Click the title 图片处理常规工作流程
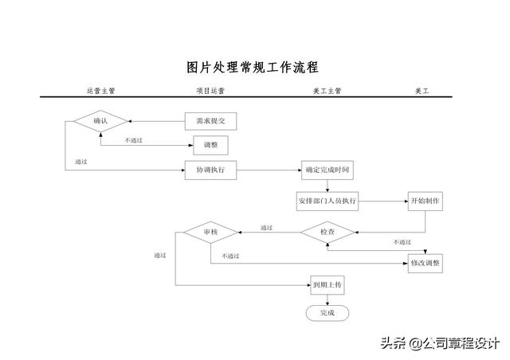tap(253, 68)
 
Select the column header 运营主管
tap(101, 91)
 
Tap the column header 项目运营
tap(210, 91)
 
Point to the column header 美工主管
tap(328, 91)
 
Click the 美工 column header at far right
tap(422, 91)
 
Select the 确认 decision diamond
tap(100, 121)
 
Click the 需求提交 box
tap(210, 121)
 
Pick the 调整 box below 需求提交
tap(210, 145)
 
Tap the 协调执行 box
tap(210, 170)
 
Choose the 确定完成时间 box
tap(328, 170)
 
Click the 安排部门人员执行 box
tap(328, 202)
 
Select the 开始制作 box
tap(426, 202)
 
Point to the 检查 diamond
tap(328, 233)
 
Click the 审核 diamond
tap(210, 233)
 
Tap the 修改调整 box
tap(426, 264)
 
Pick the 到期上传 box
tap(328, 285)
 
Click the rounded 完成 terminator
tap(328, 313)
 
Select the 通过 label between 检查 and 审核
tap(266, 228)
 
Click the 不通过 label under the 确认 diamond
tap(134, 140)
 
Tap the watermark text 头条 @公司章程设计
tap(440, 343)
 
